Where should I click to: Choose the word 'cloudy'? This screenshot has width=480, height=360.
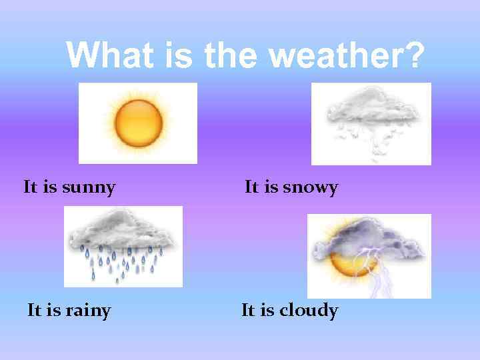point(309,311)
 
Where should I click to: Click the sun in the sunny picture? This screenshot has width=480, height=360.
point(138,123)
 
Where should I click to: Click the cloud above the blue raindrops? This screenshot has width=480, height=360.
point(123,230)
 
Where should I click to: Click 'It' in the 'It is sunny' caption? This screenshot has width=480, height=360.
point(30,187)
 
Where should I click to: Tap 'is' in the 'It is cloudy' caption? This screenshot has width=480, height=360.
point(267,311)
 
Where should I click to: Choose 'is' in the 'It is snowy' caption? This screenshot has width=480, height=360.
point(271,187)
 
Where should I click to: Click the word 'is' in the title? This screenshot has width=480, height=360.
point(177,55)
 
